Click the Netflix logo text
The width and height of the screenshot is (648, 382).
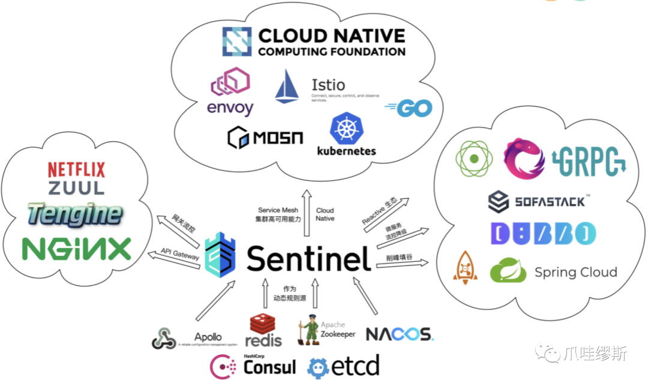(76, 169)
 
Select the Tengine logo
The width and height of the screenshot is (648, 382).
(74, 214)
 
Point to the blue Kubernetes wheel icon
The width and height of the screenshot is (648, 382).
(346, 129)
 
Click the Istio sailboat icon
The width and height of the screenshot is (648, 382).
(287, 86)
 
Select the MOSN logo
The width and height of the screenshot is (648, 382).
(265, 137)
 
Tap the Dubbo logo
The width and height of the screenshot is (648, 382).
(542, 234)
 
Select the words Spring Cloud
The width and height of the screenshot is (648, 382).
(575, 273)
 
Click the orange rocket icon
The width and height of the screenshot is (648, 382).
(465, 268)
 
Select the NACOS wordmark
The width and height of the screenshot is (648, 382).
(399, 334)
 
